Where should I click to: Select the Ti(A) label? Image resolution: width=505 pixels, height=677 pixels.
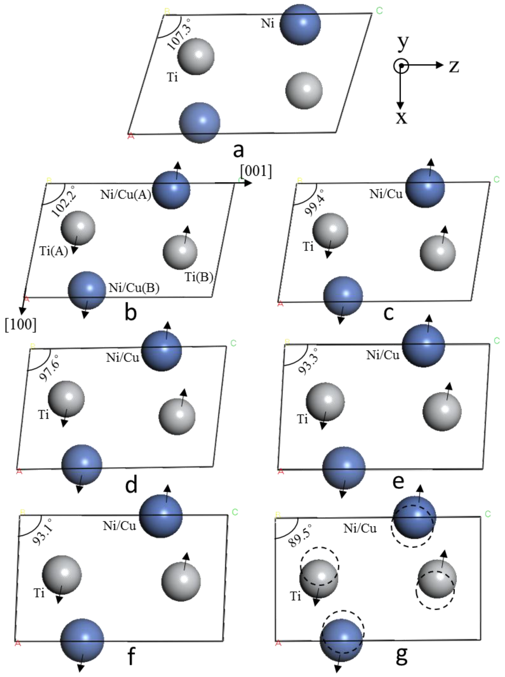point(54,251)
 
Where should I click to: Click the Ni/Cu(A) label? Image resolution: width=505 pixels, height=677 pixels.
point(126,194)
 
